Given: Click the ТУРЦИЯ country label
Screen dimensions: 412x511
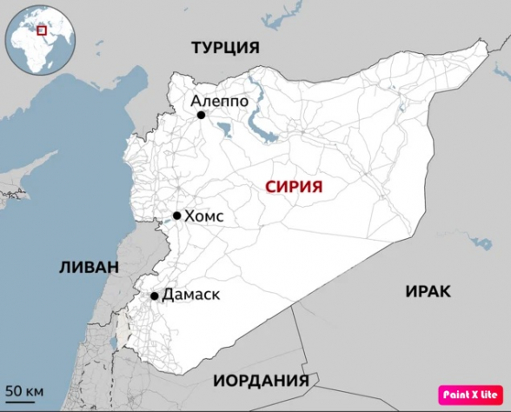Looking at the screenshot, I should (225, 48).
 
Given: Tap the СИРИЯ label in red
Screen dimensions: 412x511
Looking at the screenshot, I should (294, 186).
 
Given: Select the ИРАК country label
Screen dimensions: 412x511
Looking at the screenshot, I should (428, 291).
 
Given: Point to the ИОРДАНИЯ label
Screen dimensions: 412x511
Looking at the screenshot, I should (261, 382).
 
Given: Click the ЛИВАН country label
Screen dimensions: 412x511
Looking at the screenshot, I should (89, 267).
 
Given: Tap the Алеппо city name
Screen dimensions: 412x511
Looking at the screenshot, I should (220, 101).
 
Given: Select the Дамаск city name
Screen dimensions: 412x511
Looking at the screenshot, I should (191, 295).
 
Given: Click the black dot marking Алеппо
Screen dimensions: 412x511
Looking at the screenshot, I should (201, 115).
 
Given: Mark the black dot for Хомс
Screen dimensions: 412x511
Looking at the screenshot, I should (176, 216).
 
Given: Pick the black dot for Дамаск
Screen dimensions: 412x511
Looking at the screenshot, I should (155, 296).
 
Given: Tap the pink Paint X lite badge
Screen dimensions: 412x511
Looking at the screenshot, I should (472, 394).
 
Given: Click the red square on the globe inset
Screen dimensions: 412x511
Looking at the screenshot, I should (40, 30).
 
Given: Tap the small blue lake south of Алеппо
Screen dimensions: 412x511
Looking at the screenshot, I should (223, 131).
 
